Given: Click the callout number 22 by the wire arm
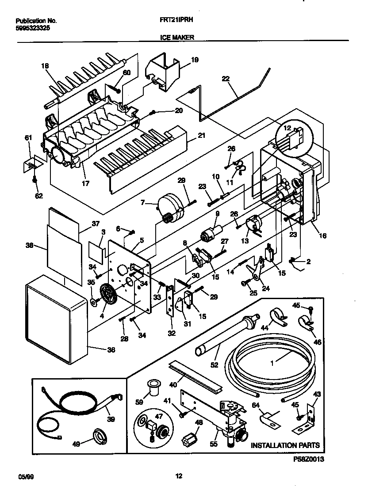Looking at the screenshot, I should point(226,79).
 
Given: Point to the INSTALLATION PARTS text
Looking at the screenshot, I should point(285,445).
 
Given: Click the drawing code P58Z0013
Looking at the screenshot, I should point(308,460).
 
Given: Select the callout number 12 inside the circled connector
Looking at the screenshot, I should point(287,128).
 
